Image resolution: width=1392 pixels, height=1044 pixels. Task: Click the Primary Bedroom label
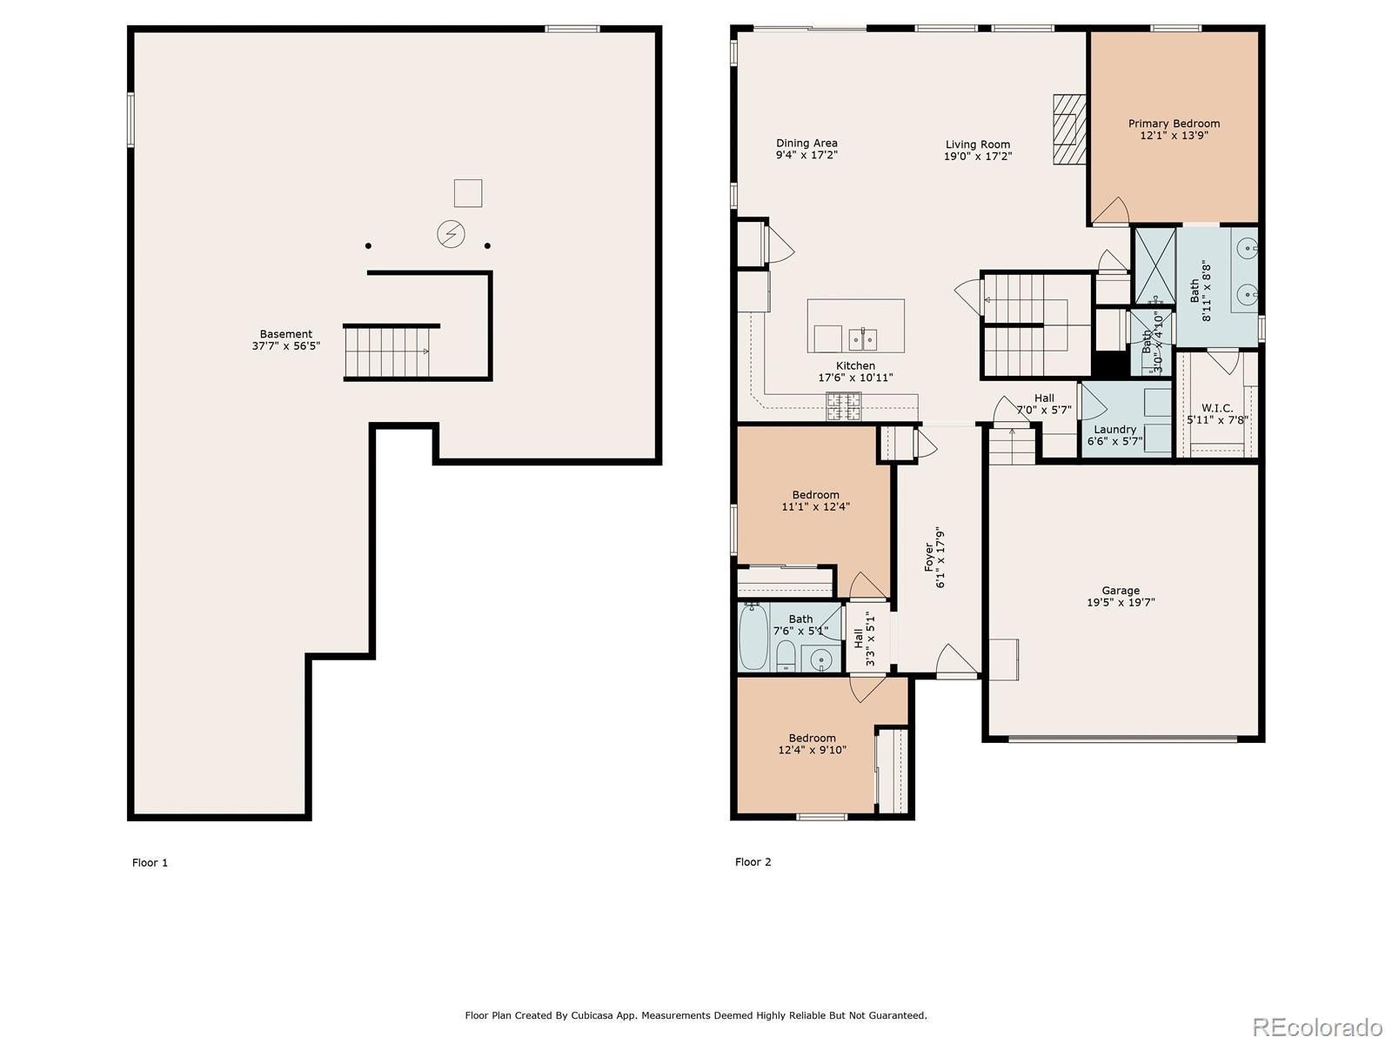point(1174,124)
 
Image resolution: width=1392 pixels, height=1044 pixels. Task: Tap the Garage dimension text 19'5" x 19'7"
point(1121,602)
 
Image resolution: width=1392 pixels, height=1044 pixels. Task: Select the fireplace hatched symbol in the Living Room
point(1068,130)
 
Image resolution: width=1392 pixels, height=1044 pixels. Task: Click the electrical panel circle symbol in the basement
point(451,234)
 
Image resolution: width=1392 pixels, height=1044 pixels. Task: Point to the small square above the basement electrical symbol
point(468,193)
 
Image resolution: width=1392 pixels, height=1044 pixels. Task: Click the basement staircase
point(387,352)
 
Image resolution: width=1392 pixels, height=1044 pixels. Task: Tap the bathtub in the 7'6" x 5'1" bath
point(754,636)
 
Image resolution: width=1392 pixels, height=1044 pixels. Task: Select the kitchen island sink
point(862,339)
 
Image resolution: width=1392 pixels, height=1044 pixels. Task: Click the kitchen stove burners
point(843,406)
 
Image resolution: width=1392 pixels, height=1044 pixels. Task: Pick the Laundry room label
point(1114,429)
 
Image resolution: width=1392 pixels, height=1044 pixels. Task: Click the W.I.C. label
point(1217,408)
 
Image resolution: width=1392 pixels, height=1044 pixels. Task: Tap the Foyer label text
point(929,557)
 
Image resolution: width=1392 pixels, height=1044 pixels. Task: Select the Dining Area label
point(806,144)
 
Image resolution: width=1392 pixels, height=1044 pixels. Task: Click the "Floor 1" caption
point(150,862)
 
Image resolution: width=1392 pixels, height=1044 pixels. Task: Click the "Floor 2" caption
point(753,861)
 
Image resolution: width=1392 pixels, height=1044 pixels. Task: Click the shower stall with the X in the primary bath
point(1154,265)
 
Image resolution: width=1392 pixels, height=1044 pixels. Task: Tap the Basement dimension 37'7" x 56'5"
point(286,346)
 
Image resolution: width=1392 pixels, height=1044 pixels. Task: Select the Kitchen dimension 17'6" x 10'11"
point(855,378)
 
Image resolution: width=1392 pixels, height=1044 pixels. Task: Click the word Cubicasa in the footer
point(591,1015)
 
